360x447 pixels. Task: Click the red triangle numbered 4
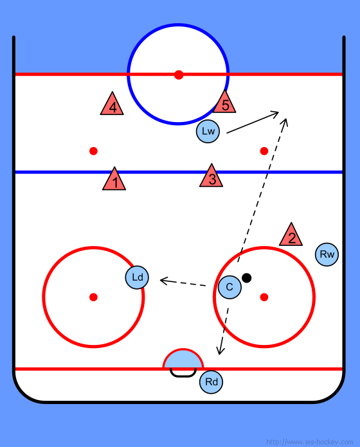point(112,105)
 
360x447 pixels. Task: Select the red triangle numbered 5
point(224,103)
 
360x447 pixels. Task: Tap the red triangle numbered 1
point(114,180)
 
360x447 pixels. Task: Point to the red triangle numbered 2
point(291,236)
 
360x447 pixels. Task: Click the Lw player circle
point(208,131)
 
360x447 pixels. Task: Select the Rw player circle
point(327,254)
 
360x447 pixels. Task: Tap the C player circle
point(230,287)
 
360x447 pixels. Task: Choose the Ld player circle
point(137,277)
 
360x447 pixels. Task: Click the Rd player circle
point(211,382)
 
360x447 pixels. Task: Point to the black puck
point(246,277)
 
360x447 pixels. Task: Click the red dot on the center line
point(179,75)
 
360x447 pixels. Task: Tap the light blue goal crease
point(183,360)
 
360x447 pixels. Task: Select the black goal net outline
point(183,376)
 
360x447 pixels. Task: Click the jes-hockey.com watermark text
point(310,442)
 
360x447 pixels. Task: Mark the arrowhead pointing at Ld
point(164,281)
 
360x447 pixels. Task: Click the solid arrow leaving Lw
point(253,123)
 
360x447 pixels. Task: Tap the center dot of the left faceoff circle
point(94,297)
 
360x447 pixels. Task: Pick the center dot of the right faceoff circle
point(264,297)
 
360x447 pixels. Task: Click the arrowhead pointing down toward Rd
point(220,351)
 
